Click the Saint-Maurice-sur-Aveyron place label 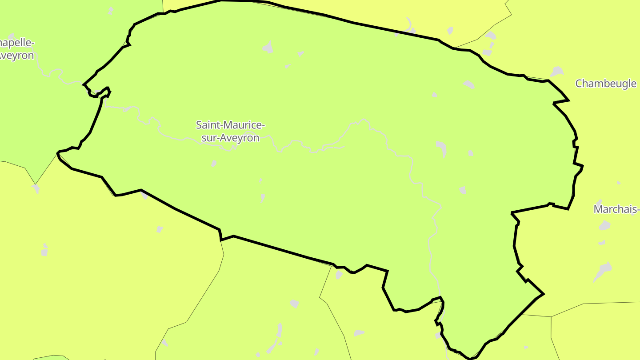(x=230, y=131)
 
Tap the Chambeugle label (x=606, y=84)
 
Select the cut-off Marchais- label (x=617, y=209)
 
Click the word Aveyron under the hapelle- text (x=17, y=56)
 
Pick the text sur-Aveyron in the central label (x=230, y=138)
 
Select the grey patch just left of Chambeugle (x=557, y=72)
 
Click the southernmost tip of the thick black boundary (x=470, y=358)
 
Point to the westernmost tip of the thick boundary (x=57, y=153)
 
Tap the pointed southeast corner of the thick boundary (x=543, y=294)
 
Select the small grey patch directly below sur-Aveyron (x=214, y=163)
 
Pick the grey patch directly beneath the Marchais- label (x=604, y=226)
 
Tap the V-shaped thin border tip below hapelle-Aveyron (x=35, y=184)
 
